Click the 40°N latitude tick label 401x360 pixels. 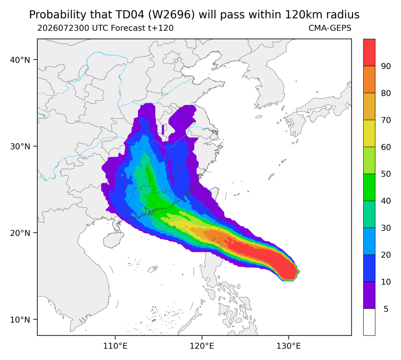point(20,60)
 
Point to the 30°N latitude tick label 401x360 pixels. point(20,146)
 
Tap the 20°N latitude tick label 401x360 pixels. point(20,233)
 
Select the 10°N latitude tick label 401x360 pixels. point(20,320)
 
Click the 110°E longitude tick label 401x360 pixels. point(115,346)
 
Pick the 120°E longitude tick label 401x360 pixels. point(202,346)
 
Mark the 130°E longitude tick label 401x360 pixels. point(289,346)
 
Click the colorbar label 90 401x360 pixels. point(386,66)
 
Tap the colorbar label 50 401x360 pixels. point(386,174)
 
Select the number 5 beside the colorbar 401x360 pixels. point(386,309)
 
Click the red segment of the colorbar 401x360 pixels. point(369,53)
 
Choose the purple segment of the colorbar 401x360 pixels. point(369,295)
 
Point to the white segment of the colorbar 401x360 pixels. point(369,322)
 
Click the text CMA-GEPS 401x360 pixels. point(330,28)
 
